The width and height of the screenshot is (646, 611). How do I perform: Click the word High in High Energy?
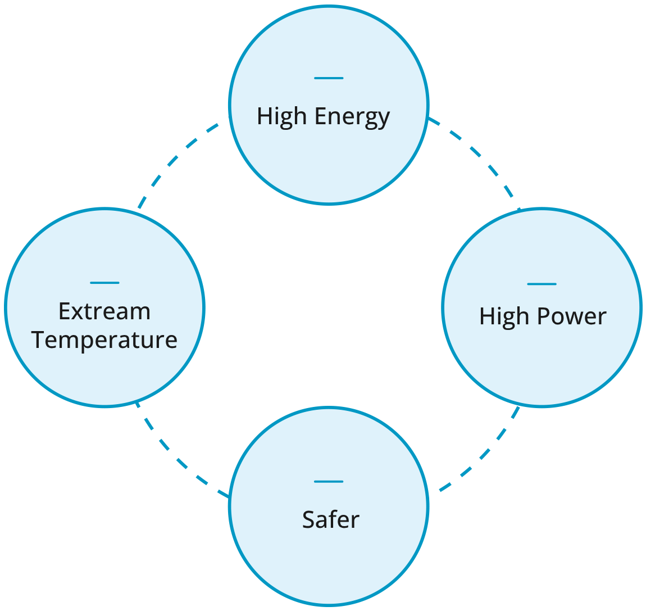point(283,117)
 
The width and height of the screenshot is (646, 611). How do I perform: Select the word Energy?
point(352,117)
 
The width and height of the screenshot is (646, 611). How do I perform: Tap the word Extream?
point(104,311)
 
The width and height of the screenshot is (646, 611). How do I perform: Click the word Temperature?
point(104,340)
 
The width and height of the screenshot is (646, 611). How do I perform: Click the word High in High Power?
point(504,316)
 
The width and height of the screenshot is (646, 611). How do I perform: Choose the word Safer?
point(330,519)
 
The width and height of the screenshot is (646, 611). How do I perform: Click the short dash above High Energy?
point(329,78)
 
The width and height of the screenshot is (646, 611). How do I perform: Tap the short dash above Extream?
point(104,282)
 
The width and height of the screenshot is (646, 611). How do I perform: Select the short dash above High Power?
point(542,284)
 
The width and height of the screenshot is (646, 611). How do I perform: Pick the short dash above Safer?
point(329,481)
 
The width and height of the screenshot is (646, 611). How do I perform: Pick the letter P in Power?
point(544,316)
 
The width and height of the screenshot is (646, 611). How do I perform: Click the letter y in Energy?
point(384,119)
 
